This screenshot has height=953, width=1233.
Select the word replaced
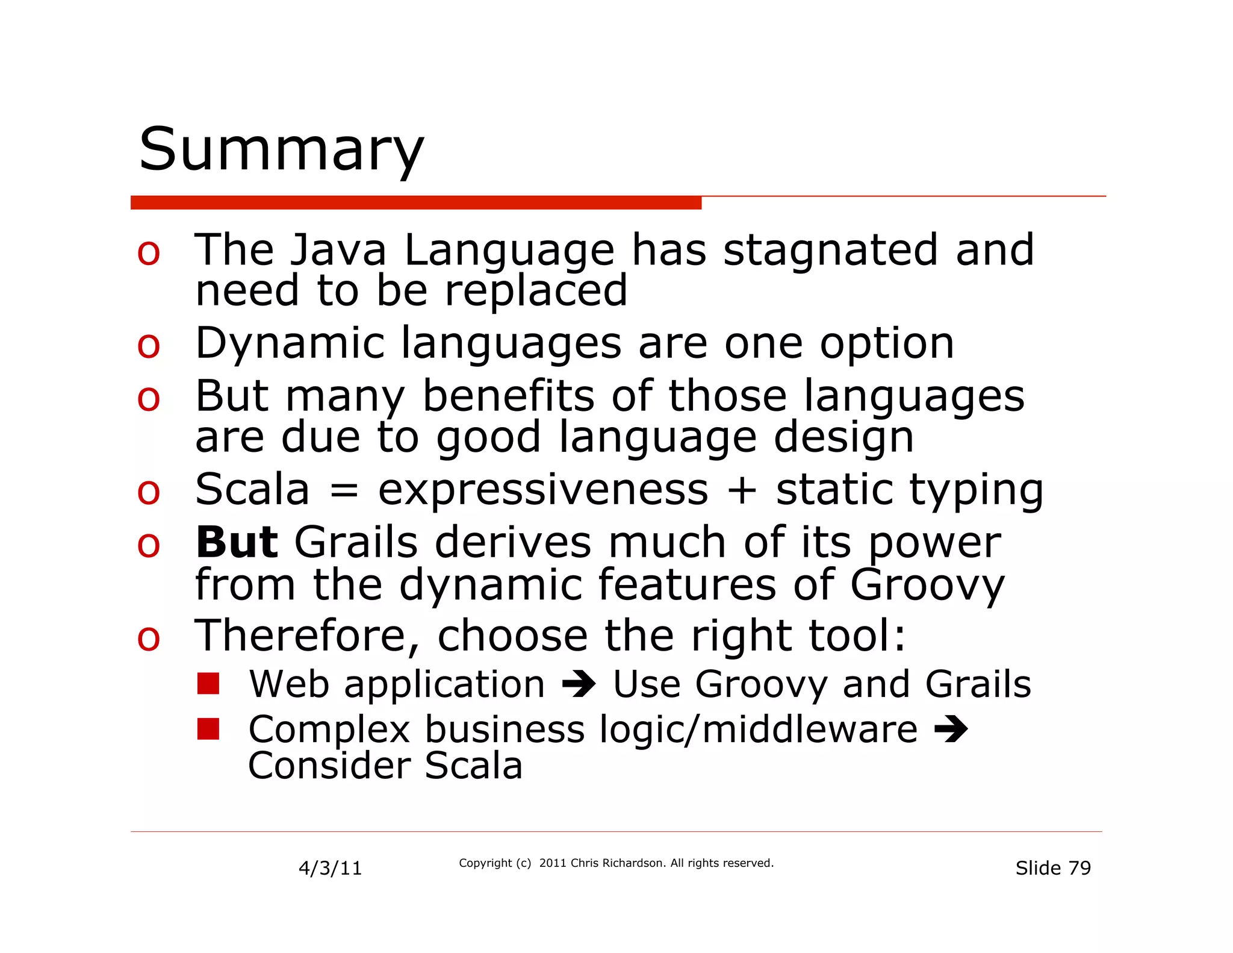(536, 290)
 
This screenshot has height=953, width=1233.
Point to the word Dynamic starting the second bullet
(290, 343)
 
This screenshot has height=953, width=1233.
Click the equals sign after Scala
(344, 490)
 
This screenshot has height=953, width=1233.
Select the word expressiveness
(542, 490)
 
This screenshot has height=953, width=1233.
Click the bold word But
(237, 542)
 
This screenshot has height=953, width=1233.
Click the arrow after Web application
(579, 685)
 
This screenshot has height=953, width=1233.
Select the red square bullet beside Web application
(208, 684)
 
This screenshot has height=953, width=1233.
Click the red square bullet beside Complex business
(208, 729)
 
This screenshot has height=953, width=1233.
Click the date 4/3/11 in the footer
(330, 868)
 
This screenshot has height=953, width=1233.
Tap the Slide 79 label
(1052, 868)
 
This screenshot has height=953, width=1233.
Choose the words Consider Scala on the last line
(385, 766)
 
